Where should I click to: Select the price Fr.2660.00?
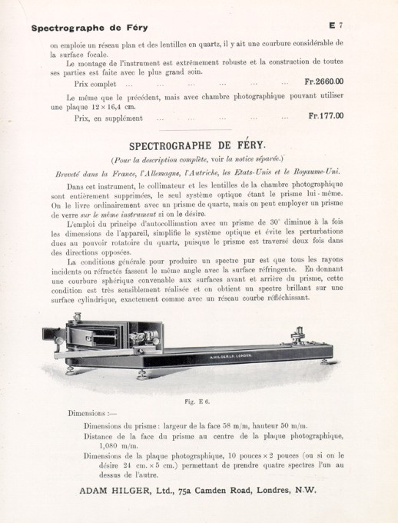pyautogui.click(x=323, y=81)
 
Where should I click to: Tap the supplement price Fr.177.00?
pyautogui.click(x=325, y=116)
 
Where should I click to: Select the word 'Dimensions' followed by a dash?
pyautogui.click(x=89, y=413)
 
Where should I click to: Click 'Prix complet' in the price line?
pyautogui.click(x=97, y=82)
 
